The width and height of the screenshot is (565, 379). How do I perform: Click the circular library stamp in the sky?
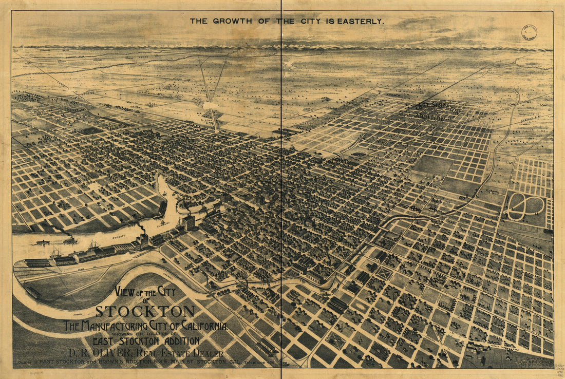[529, 32]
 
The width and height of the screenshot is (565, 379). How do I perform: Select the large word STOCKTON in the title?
[145, 311]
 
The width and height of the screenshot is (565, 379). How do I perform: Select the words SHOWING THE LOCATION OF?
[145, 334]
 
